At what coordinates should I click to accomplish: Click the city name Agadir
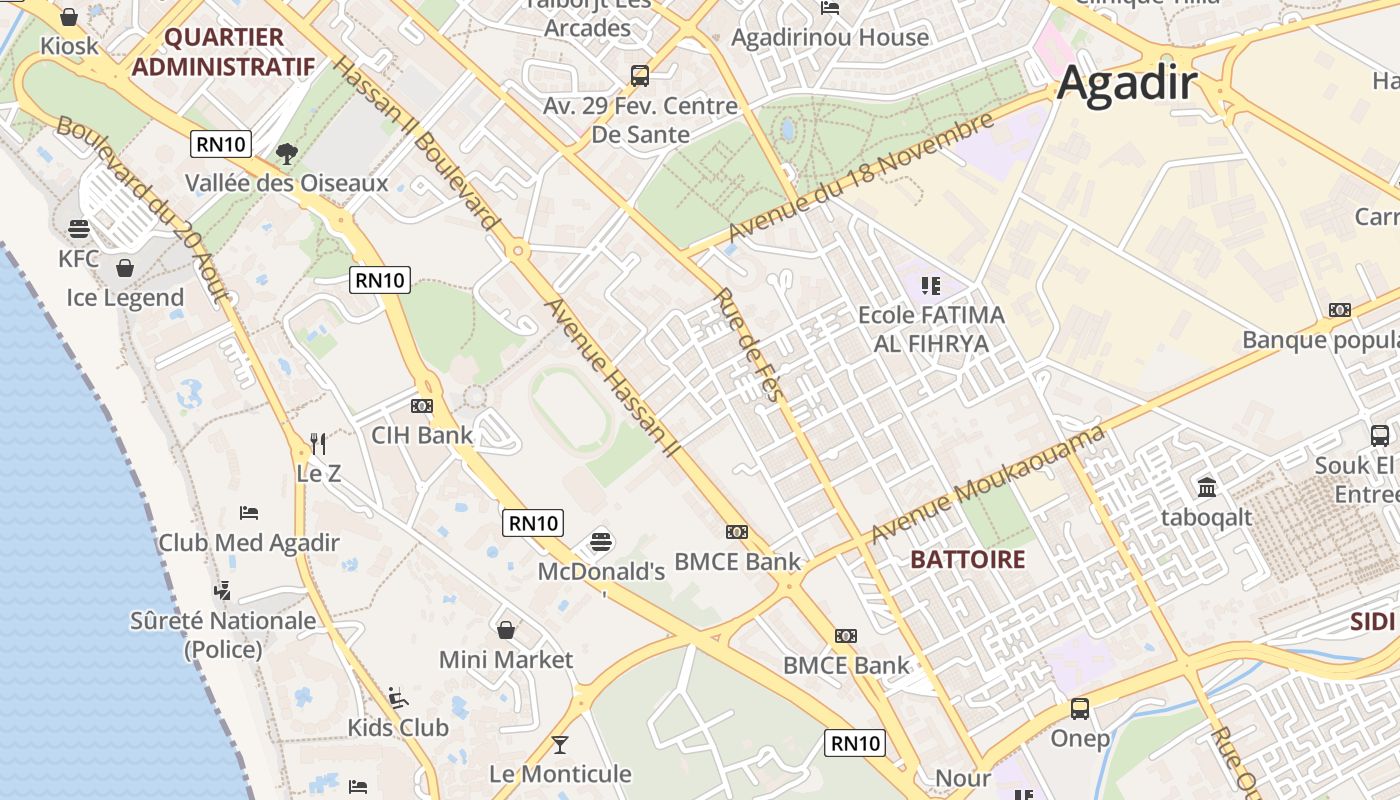point(1127,82)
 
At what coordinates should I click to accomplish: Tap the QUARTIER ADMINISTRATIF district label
point(224,52)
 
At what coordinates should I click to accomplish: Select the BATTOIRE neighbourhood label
point(968,559)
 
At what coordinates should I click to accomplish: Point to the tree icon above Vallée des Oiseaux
point(287,154)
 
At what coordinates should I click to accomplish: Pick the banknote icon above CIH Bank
point(422,405)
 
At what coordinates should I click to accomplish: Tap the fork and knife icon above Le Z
point(319,443)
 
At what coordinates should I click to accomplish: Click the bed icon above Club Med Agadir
point(249,513)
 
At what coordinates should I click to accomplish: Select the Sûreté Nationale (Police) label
point(223,635)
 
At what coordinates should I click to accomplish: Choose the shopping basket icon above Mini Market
point(506,630)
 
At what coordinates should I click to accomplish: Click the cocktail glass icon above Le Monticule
point(560,744)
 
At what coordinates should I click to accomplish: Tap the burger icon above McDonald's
point(601,541)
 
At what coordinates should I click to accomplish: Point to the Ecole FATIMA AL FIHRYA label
point(931,329)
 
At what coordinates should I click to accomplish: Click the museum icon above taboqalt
point(1207,488)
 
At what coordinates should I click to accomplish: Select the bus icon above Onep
point(1080,709)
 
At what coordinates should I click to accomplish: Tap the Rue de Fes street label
point(747,345)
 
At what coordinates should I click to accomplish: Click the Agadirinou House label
point(830,38)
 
